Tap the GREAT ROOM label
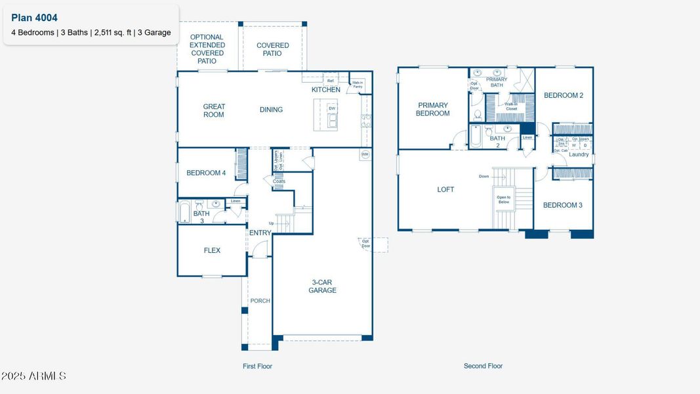(x=214, y=110)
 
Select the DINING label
(x=271, y=110)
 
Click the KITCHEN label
(x=325, y=89)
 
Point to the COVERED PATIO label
(x=272, y=50)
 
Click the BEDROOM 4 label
(x=206, y=173)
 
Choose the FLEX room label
(x=212, y=250)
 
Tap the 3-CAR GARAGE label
(x=323, y=286)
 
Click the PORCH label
(x=260, y=301)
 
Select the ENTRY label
(x=260, y=232)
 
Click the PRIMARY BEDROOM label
(x=432, y=109)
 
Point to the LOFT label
(x=445, y=189)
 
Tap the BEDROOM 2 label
(x=563, y=95)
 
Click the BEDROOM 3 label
(x=562, y=205)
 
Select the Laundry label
(x=579, y=154)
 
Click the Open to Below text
(x=504, y=200)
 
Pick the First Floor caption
(x=257, y=366)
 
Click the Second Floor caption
(x=483, y=366)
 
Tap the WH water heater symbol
(x=365, y=155)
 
